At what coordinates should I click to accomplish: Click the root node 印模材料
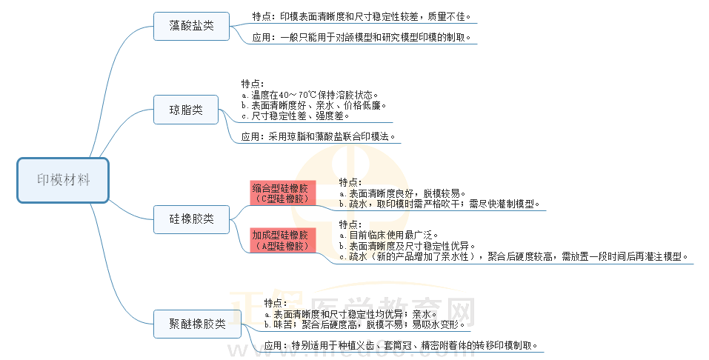point(63,179)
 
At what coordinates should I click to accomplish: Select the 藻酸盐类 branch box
point(186,26)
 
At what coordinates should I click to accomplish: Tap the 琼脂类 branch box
point(186,110)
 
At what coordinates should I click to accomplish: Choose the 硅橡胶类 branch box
point(191,219)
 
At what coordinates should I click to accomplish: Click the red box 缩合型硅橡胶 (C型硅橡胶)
point(283,193)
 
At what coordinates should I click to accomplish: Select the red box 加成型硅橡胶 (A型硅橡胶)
point(283,240)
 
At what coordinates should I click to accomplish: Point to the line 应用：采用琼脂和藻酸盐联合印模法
point(320,137)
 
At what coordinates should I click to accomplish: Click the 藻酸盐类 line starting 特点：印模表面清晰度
point(361,16)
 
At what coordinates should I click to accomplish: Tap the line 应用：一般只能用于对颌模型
point(361,37)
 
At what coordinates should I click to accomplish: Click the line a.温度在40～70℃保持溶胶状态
point(310,95)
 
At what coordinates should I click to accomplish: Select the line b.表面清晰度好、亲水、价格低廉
point(315,105)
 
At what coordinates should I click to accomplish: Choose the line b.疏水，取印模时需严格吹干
point(439,204)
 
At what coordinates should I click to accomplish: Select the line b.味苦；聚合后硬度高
point(365,324)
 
